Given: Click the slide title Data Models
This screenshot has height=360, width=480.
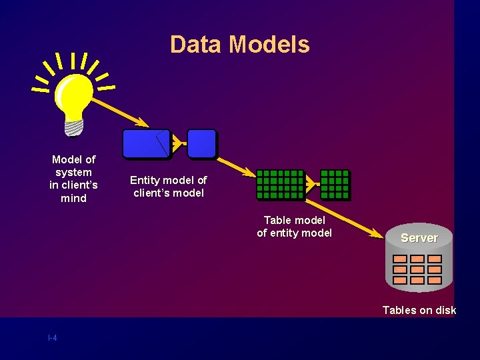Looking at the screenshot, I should point(239,45).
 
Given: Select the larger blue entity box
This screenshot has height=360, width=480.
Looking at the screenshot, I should point(146,143).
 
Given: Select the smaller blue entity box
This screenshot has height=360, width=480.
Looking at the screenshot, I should point(201,143).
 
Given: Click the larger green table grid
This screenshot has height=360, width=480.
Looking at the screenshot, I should point(280,185).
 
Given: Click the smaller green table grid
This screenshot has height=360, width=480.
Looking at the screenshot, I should point(335,185).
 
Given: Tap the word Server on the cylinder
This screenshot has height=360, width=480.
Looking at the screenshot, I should point(419,238).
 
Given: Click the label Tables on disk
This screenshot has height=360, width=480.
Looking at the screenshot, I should point(419,310).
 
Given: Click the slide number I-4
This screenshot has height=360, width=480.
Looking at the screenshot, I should point(52,338).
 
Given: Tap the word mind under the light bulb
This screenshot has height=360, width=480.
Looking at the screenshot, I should point(73,199).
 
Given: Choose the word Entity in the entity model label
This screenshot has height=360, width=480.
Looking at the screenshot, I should point(144,180).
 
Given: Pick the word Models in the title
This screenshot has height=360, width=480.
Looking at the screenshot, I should point(269,45).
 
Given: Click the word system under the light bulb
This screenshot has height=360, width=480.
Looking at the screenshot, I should point(73,172).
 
